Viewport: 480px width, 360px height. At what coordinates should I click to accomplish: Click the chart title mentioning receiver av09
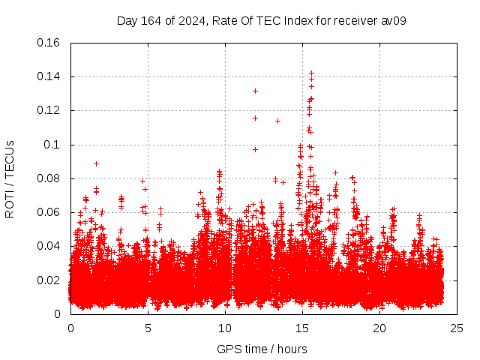[261, 20]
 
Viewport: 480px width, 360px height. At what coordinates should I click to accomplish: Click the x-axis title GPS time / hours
[261, 349]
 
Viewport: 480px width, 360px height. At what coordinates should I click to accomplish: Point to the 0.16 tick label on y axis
[49, 43]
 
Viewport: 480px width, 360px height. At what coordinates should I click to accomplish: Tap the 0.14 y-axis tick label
[49, 76]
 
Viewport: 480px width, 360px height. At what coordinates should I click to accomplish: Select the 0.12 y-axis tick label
[49, 110]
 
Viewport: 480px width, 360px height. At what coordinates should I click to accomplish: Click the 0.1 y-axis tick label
[54, 144]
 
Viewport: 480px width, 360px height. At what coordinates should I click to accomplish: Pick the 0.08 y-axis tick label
[49, 178]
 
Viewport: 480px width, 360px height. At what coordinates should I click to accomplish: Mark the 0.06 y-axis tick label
[49, 212]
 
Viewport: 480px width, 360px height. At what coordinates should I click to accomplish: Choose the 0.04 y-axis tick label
[49, 246]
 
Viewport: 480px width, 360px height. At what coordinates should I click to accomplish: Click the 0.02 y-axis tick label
[49, 280]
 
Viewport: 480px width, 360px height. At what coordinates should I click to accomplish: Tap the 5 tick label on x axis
[148, 328]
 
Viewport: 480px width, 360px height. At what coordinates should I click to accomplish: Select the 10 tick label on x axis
[225, 328]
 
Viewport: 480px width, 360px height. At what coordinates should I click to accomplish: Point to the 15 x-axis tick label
[302, 328]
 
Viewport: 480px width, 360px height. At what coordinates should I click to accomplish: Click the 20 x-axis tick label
[379, 328]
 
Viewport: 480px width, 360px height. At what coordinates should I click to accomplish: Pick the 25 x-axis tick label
[457, 328]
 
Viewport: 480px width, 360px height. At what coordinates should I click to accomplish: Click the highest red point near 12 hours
[255, 91]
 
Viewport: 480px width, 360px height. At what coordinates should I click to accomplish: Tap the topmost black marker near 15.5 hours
[311, 73]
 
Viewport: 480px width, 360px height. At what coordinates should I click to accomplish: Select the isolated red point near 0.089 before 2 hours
[96, 163]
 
